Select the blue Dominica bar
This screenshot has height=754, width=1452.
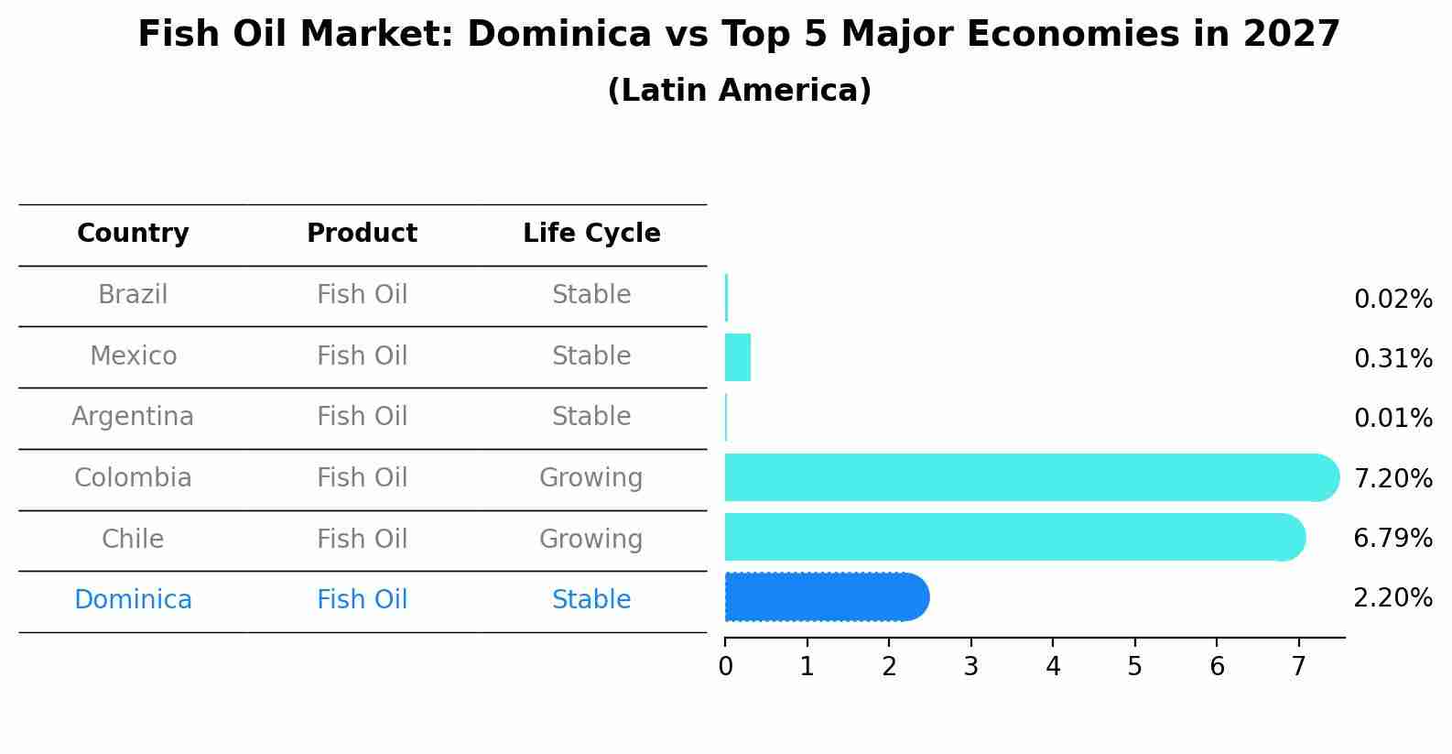(824, 597)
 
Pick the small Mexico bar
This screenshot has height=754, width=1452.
(738, 357)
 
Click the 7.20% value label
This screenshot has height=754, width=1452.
(1392, 478)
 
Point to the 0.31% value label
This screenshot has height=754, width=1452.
(1392, 358)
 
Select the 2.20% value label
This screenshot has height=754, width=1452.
(1392, 598)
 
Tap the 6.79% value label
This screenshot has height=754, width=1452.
(1392, 538)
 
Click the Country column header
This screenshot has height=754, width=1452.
(133, 234)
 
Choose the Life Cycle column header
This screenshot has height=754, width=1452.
(591, 234)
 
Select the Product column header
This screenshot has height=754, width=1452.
(362, 234)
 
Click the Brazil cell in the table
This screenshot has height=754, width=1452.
(133, 295)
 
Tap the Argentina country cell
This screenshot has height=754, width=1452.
(133, 417)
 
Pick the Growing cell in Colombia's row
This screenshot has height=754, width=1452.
(591, 478)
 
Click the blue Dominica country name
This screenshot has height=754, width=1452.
(133, 600)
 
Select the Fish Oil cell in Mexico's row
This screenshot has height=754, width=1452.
(362, 355)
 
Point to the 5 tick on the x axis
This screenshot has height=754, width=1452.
(1134, 667)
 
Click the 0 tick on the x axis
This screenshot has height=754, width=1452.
(725, 667)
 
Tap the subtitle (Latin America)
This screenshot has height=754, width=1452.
(739, 91)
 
